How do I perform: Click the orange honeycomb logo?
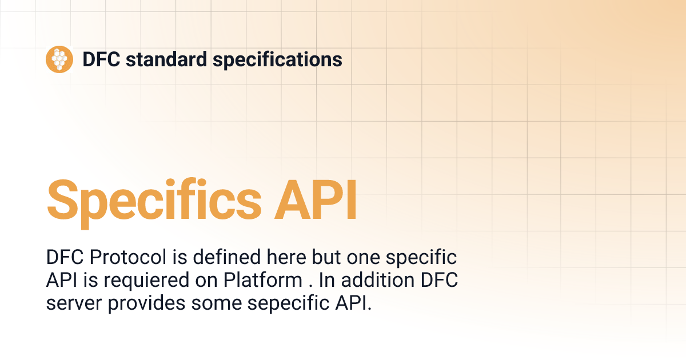click(x=59, y=59)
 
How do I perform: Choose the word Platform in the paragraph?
click(x=262, y=280)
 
